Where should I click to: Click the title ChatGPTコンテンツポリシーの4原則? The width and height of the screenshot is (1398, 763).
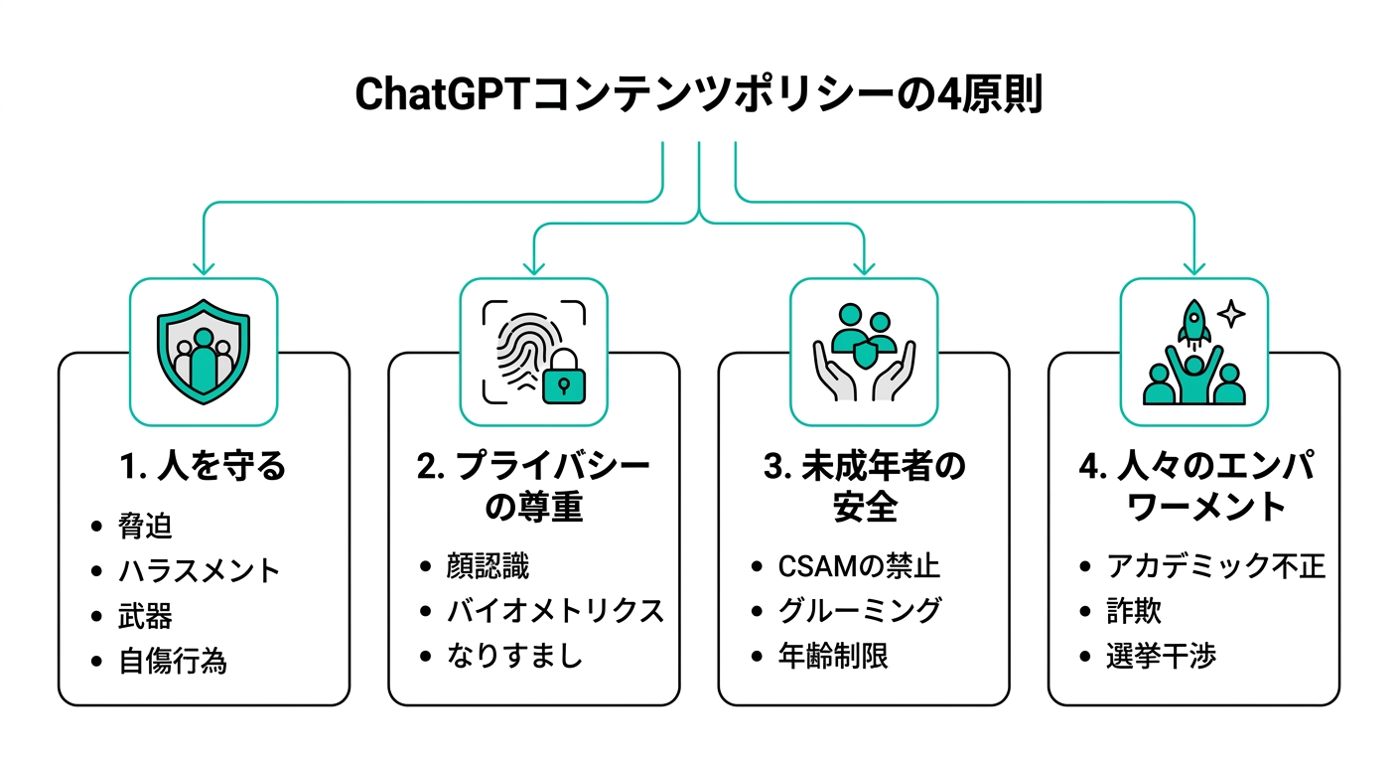point(698,96)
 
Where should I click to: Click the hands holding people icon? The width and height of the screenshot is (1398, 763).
point(863,352)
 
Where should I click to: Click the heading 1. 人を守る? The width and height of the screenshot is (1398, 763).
point(204,467)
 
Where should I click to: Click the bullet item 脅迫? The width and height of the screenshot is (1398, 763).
point(145,527)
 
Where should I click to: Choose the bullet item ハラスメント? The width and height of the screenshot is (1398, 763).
point(199,571)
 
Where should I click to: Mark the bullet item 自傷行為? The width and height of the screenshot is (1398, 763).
point(173,661)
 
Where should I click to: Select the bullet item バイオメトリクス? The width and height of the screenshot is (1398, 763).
point(555,611)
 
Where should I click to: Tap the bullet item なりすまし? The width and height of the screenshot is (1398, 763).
point(514,656)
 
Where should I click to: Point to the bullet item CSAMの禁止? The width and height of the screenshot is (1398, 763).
point(859,566)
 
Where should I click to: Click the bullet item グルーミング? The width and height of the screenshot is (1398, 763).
point(859,611)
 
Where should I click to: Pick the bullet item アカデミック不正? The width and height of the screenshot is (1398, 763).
point(1215,566)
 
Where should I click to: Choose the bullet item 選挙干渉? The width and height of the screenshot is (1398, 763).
point(1161,656)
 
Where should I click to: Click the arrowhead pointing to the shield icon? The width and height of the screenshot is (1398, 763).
point(204,267)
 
